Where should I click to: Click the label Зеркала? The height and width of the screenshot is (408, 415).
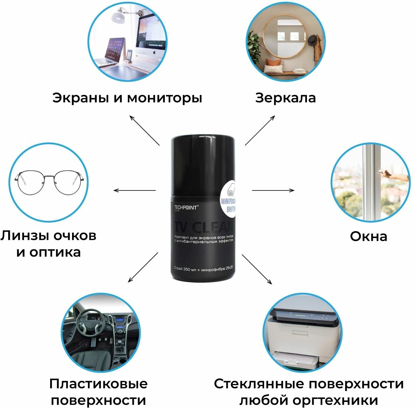[285, 98]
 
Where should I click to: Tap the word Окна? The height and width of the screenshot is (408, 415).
[368, 236]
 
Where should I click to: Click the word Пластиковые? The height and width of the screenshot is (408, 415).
[98, 384]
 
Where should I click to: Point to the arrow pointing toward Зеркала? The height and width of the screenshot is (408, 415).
[260, 130]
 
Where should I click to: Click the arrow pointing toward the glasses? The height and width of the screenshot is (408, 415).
[134, 190]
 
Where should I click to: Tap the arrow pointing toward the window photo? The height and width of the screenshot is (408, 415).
[273, 190]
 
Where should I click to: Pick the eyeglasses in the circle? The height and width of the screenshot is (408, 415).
[49, 182]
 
